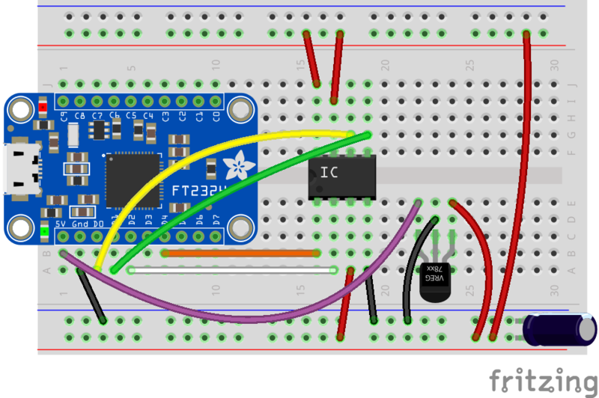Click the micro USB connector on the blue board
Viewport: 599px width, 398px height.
pos(16,170)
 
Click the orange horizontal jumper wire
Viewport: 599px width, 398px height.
pos(240,253)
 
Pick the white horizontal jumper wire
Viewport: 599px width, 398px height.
pos(232,269)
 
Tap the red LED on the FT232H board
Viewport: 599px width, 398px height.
pos(43,108)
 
